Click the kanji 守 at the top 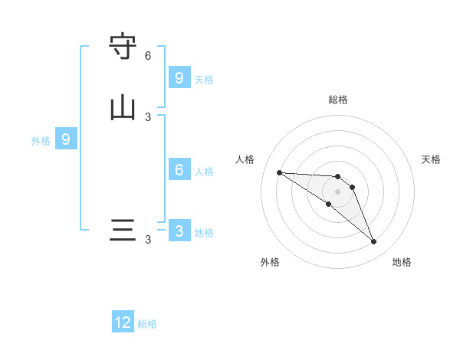(123, 47)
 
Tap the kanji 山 (123, 107)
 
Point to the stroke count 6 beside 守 (148, 56)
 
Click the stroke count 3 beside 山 (148, 116)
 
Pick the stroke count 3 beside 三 (148, 240)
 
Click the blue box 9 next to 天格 (179, 78)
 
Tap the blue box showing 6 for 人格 (179, 170)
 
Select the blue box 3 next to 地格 (179, 231)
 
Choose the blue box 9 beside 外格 (66, 139)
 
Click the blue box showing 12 (123, 322)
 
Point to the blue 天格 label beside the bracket (204, 80)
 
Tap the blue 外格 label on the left (41, 141)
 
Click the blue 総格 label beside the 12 (147, 324)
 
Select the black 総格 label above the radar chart (338, 100)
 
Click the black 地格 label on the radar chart (402, 262)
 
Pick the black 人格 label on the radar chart (245, 159)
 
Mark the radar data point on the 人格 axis (279, 172)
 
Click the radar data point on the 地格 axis (373, 242)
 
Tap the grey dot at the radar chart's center (337, 191)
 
